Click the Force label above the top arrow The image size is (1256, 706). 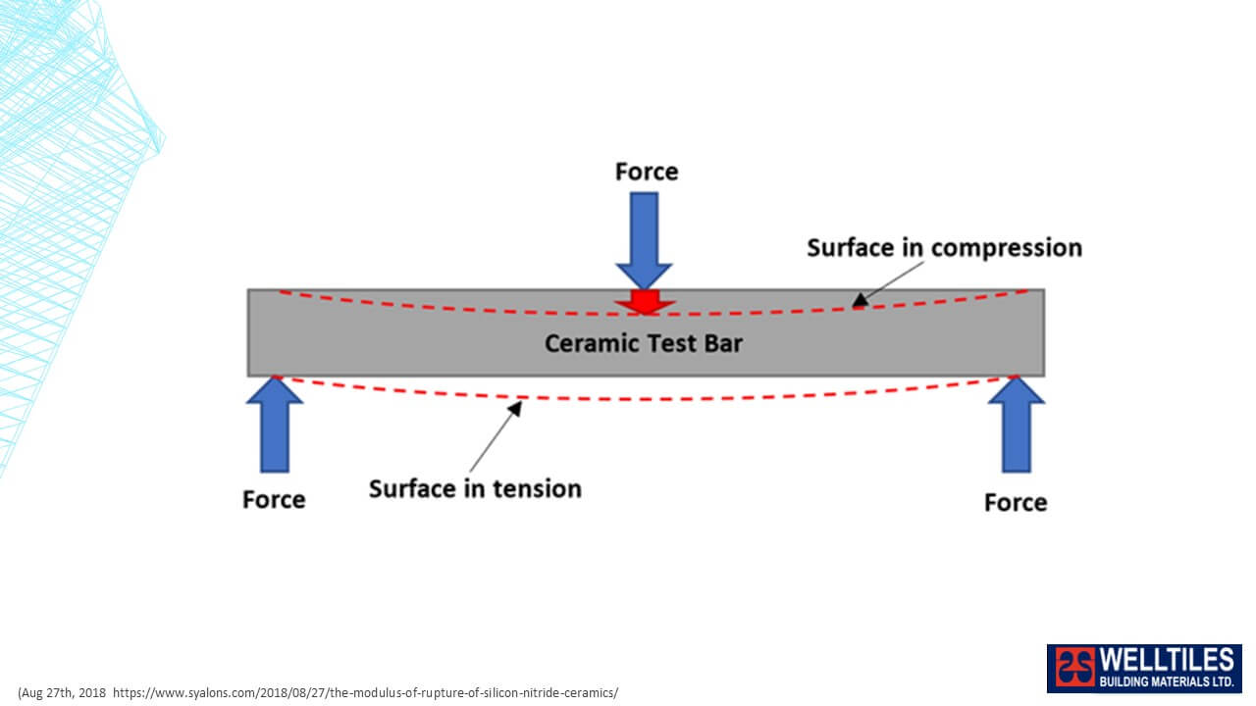tap(647, 172)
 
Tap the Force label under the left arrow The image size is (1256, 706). tap(274, 500)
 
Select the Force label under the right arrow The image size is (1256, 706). tap(1016, 503)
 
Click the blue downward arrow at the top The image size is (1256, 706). tap(645, 240)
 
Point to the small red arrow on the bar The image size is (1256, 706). tap(645, 302)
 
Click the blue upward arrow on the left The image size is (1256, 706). tap(275, 425)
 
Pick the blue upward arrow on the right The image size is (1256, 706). tap(1016, 425)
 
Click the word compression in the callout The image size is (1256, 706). tap(1007, 249)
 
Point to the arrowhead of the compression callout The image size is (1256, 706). tap(860, 300)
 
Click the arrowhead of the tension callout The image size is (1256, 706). tap(515, 408)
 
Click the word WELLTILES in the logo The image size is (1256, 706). tap(1167, 660)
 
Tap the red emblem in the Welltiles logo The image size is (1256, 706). tap(1074, 668)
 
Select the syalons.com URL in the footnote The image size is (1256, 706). tap(366, 693)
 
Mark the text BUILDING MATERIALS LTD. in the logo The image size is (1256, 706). tap(1167, 681)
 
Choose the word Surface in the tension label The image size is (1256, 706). tap(411, 489)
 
